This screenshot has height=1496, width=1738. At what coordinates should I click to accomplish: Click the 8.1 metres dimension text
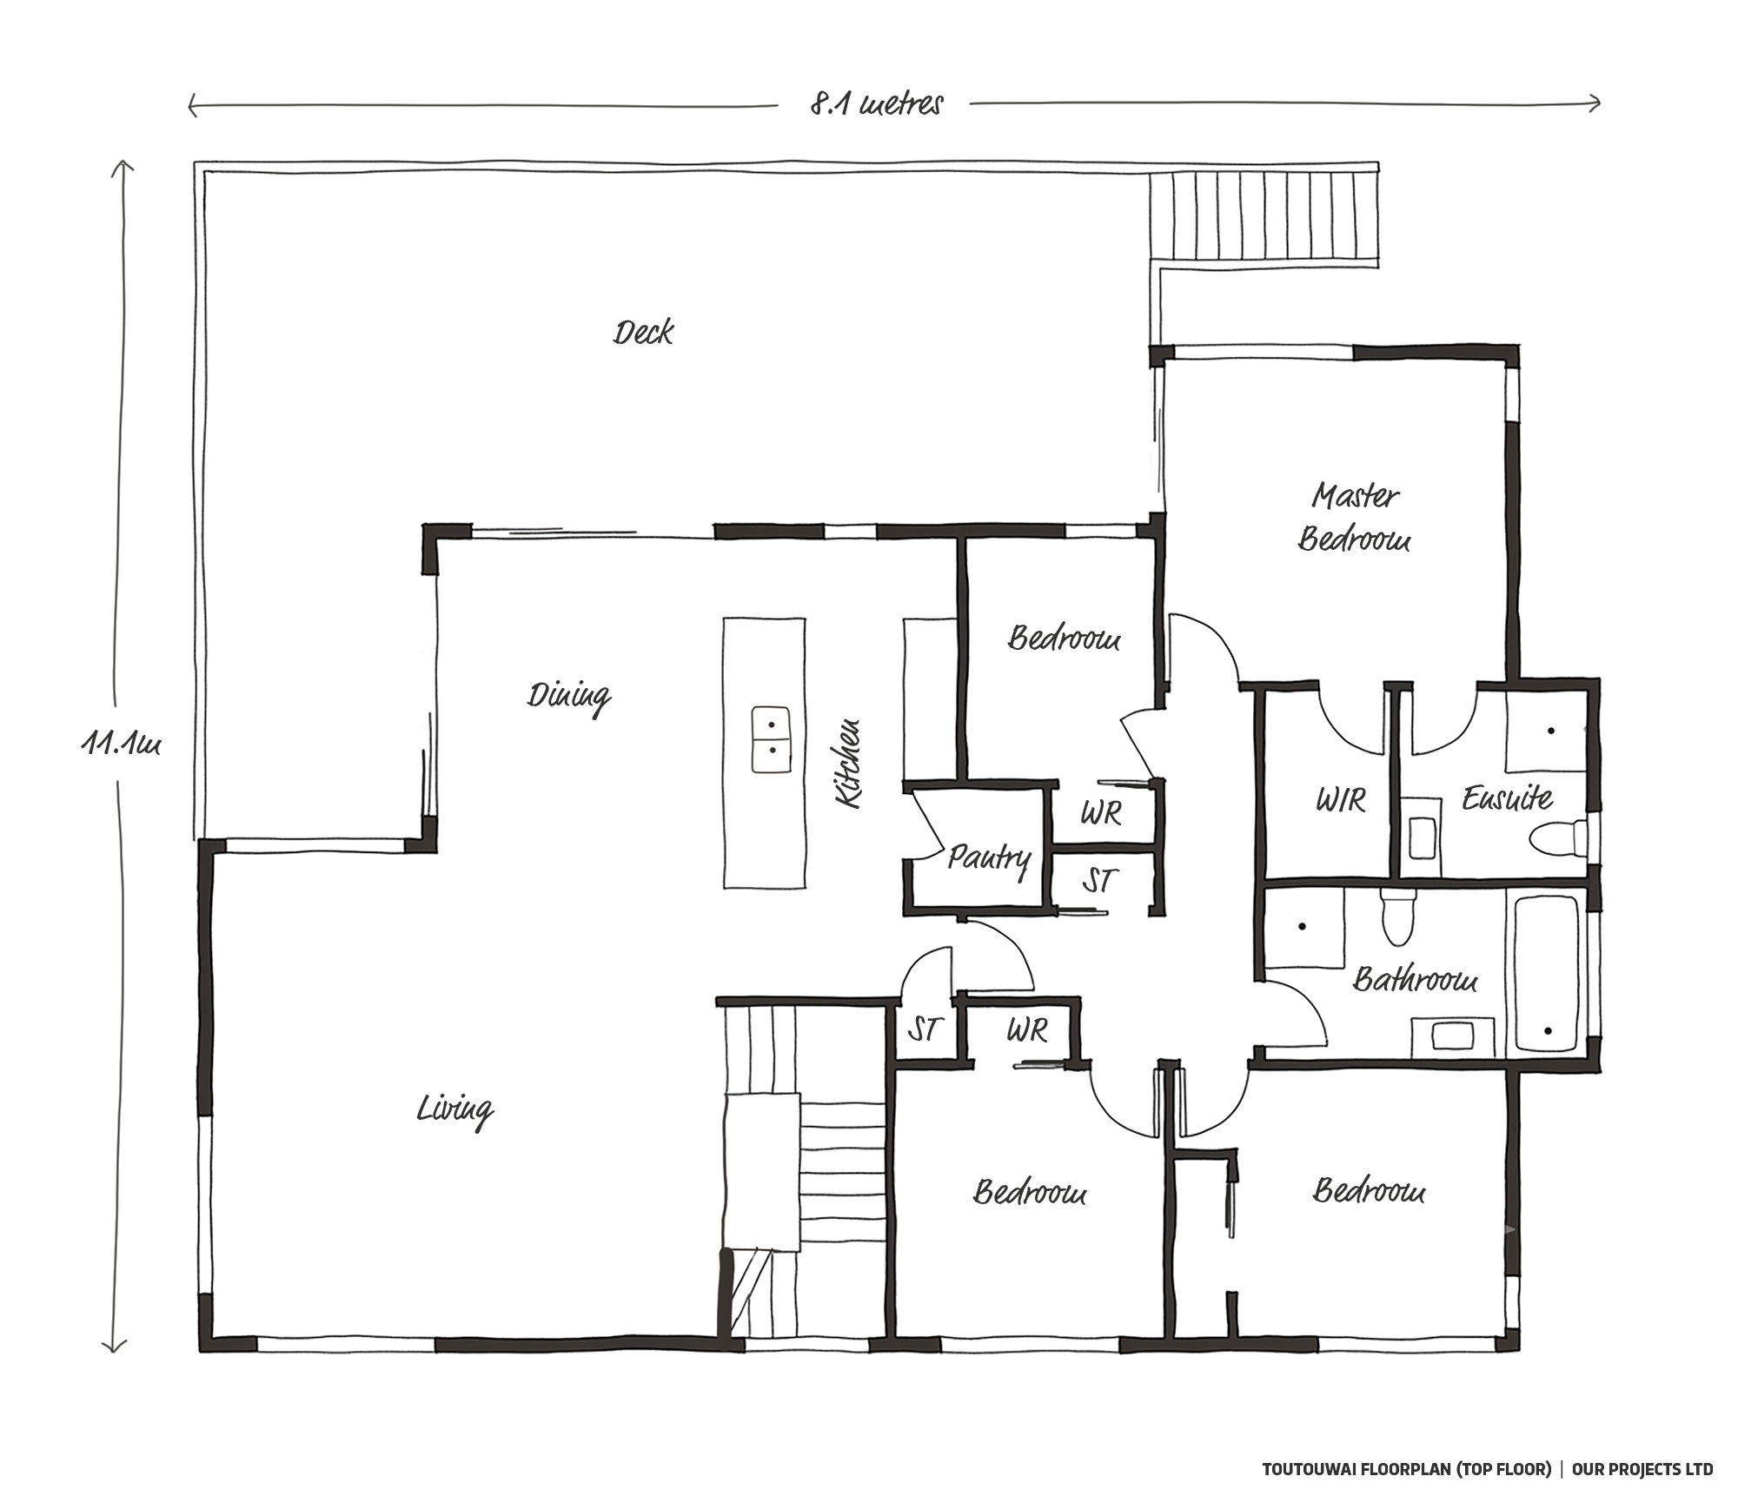(x=876, y=105)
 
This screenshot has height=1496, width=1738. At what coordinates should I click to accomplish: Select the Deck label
(x=643, y=333)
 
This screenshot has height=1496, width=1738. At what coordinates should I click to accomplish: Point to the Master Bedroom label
(x=1355, y=518)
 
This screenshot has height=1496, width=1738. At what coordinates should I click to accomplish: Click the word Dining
(x=569, y=698)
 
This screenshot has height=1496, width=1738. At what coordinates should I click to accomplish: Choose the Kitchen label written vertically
(x=847, y=764)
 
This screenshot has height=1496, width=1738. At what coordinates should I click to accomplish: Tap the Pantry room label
(x=989, y=859)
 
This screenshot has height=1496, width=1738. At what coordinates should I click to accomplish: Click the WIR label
(x=1341, y=799)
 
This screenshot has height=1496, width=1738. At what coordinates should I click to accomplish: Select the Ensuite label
(x=1507, y=798)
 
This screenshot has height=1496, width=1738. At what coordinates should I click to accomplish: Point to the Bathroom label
(x=1416, y=979)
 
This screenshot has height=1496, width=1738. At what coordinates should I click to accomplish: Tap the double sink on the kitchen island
(x=771, y=739)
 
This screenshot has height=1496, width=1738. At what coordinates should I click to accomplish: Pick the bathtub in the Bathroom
(x=1549, y=974)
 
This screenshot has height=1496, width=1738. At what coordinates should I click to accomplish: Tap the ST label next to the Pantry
(x=1098, y=881)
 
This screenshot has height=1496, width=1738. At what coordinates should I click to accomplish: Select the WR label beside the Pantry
(x=1101, y=813)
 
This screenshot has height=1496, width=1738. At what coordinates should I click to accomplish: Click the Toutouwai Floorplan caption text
(x=1406, y=1469)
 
